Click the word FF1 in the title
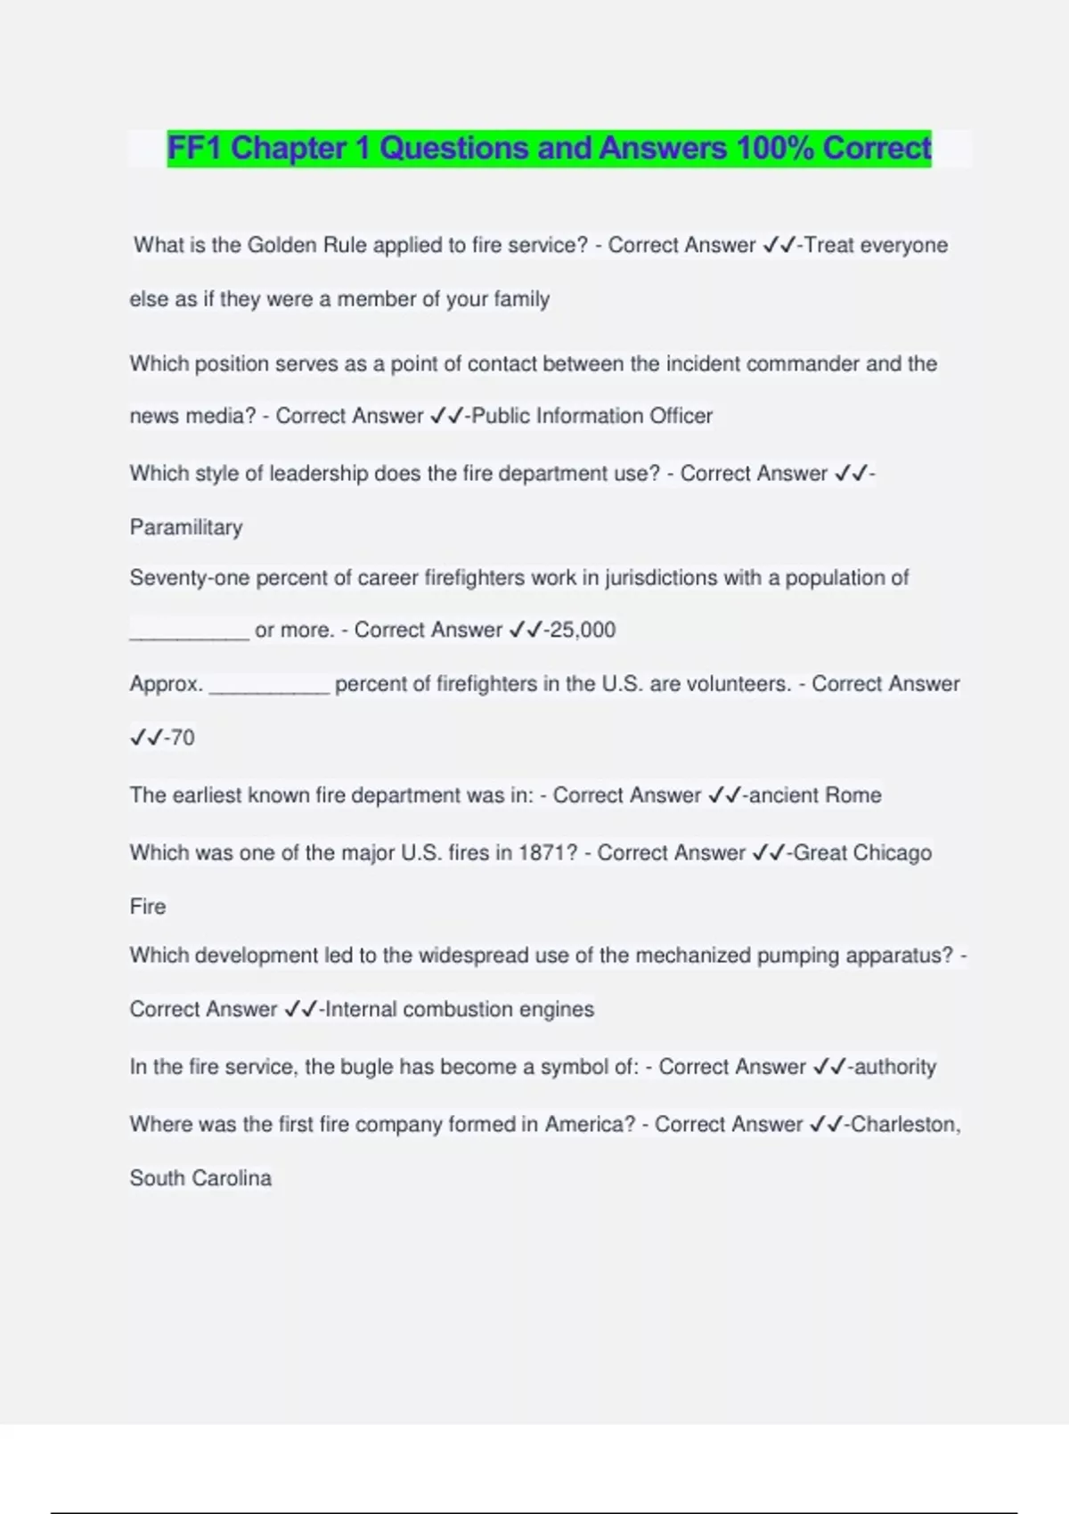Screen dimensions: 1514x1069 (x=195, y=148)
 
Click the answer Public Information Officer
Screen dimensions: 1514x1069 (x=592, y=416)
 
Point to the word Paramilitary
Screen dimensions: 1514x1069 (x=186, y=527)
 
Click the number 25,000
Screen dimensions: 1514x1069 (x=583, y=630)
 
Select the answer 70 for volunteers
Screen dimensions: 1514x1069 (x=182, y=737)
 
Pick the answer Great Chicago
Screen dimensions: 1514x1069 (x=862, y=853)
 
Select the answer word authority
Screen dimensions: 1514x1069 (x=895, y=1067)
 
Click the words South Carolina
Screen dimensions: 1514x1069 (x=200, y=1178)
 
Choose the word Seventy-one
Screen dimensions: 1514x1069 (x=190, y=578)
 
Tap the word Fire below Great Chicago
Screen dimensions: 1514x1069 (x=148, y=907)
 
